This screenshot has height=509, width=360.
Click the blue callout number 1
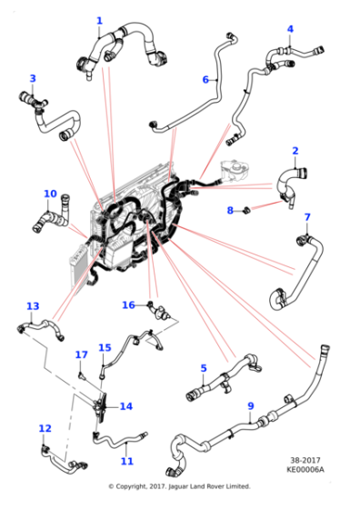click(99, 21)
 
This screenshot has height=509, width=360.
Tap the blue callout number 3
click(33, 78)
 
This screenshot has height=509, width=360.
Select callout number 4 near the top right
click(290, 29)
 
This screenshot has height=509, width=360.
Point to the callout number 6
click(205, 80)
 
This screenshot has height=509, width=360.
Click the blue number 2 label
click(295, 151)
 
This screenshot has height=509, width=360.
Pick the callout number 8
click(230, 210)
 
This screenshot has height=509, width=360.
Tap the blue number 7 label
click(307, 217)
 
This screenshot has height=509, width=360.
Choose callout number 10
click(50, 194)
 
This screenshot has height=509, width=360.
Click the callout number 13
click(33, 306)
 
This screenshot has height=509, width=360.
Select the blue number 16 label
click(128, 305)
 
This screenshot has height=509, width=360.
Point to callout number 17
click(82, 354)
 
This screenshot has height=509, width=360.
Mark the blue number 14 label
click(126, 406)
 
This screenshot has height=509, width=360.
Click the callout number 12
click(45, 428)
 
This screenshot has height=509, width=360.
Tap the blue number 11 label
click(127, 462)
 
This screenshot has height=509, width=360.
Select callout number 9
click(251, 406)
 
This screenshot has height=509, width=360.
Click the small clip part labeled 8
click(247, 210)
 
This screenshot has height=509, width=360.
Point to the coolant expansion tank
click(235, 171)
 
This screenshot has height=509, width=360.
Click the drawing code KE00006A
click(305, 469)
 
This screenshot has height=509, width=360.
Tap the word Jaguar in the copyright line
click(178, 486)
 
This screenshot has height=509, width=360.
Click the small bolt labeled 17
click(81, 376)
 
